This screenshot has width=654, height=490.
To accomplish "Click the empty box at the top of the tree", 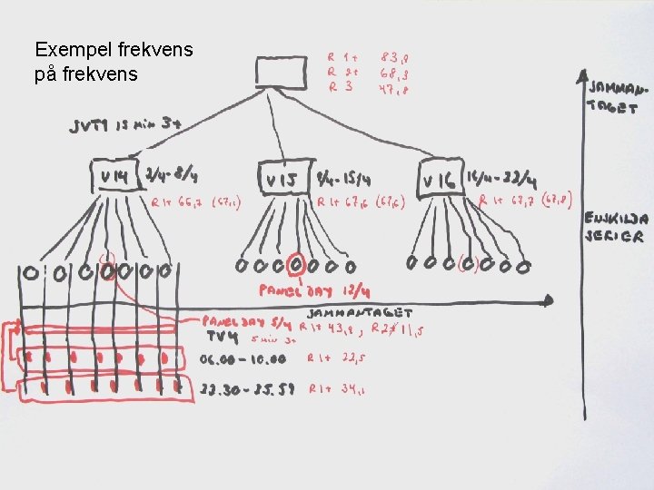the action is pyautogui.click(x=282, y=71).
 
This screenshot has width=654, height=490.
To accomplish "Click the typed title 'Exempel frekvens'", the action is pyautogui.click(x=113, y=49).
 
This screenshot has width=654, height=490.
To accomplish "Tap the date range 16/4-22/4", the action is pyautogui.click(x=500, y=171).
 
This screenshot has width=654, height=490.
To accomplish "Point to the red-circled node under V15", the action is pyautogui.click(x=295, y=266).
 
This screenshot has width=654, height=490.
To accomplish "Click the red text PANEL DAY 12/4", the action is pyautogui.click(x=302, y=292).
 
